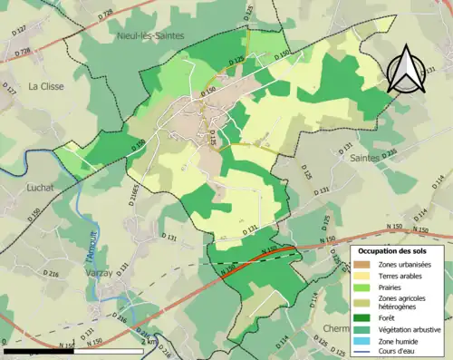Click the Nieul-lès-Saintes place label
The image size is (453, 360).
150,35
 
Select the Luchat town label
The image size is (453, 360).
41,188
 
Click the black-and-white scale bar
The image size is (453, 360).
72,350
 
